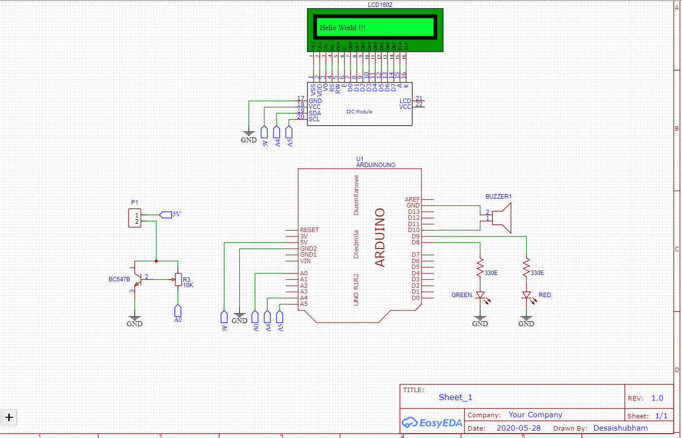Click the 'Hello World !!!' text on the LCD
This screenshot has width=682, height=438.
[x=342, y=28]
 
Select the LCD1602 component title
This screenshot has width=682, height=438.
[x=380, y=5]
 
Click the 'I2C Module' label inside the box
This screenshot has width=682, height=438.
[x=359, y=112]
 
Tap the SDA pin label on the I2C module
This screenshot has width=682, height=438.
[x=315, y=113]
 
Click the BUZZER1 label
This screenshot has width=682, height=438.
[x=498, y=197]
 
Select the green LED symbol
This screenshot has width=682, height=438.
[x=480, y=296]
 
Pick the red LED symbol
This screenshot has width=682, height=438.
[x=527, y=296]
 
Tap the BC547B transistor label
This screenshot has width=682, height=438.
[x=119, y=279]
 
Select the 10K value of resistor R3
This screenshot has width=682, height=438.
[x=188, y=285]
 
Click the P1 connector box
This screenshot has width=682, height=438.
[x=135, y=218]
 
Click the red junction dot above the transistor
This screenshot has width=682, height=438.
[x=156, y=261]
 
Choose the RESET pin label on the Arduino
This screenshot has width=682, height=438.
[x=309, y=230]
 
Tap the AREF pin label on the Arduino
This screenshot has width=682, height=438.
[x=412, y=200]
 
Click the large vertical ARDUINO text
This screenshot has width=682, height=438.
[x=379, y=237]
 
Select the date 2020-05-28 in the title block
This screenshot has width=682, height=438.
[x=518, y=428]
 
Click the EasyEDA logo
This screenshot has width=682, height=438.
[x=432, y=423]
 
